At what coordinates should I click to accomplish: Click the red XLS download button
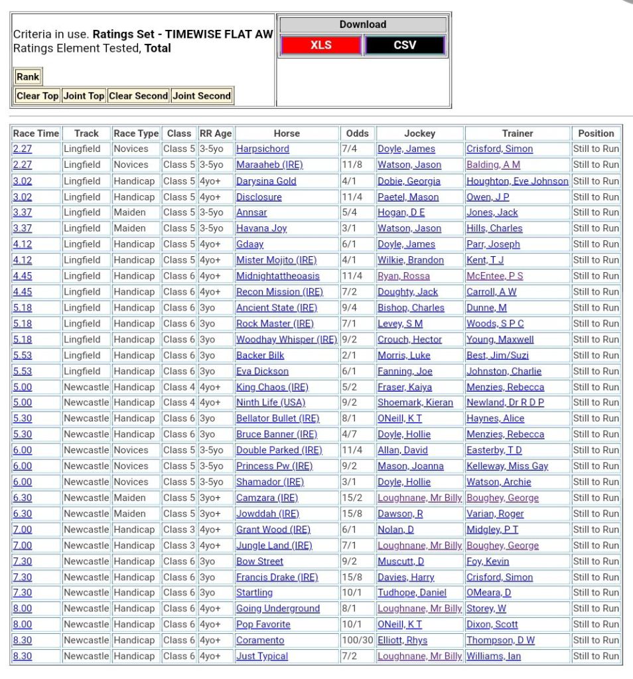click(321, 45)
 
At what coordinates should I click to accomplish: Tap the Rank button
click(28, 77)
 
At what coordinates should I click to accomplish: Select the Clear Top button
click(37, 96)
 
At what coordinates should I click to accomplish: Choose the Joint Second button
click(202, 96)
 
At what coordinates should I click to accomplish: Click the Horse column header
click(287, 133)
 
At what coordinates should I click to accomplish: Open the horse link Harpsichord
click(263, 149)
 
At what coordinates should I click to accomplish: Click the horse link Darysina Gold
click(266, 181)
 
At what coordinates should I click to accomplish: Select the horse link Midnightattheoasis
click(278, 276)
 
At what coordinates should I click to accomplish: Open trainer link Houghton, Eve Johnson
click(517, 181)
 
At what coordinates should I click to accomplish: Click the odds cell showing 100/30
click(356, 641)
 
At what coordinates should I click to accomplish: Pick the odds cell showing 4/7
click(349, 435)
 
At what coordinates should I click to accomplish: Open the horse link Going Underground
click(278, 609)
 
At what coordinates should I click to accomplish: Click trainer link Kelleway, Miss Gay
click(507, 467)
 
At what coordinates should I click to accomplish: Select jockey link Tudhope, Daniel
click(412, 593)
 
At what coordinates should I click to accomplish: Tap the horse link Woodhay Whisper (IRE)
click(287, 340)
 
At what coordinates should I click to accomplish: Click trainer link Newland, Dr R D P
click(505, 403)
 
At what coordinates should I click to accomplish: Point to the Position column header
click(596, 133)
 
